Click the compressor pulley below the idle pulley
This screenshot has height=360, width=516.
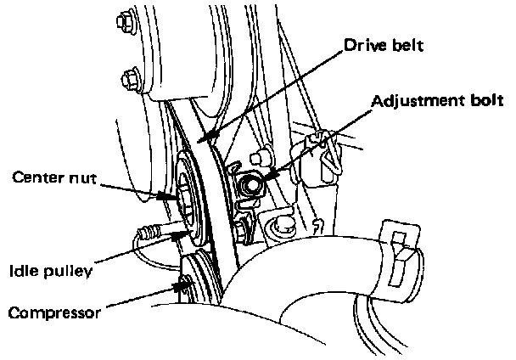[x=197, y=280]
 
